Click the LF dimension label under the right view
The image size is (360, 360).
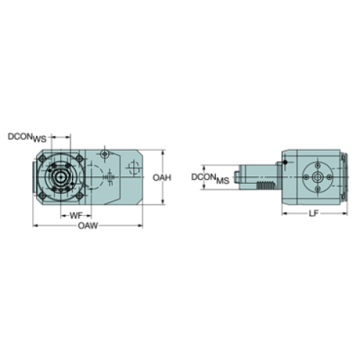314,215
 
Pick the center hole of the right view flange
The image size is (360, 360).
318,177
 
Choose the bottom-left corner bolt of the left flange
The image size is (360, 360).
44,195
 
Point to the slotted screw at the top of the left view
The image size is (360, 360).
107,155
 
